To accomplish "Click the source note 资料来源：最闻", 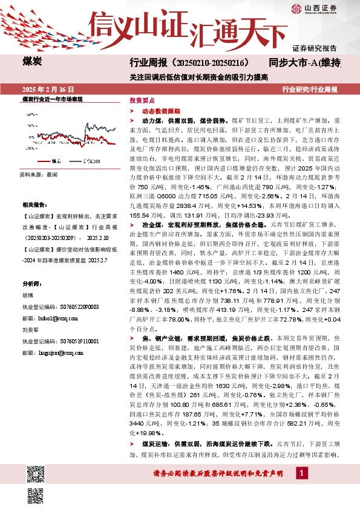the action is tap(35, 173).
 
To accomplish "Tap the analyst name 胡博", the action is tap(28, 296).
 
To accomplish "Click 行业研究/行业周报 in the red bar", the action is tap(310, 89).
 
